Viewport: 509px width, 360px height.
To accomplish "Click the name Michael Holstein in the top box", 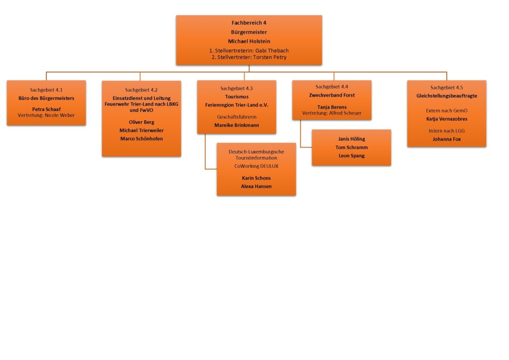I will tap(249, 41).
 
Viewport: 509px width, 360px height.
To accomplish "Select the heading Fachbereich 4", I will tap(249, 23).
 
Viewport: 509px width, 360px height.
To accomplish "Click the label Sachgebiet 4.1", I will tap(46, 90).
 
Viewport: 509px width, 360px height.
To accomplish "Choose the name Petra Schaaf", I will tap(46, 109).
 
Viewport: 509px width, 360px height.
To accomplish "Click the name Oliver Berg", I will tap(141, 122).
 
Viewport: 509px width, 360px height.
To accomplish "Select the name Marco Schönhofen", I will tap(141, 138).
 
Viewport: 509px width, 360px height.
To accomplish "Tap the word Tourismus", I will tap(236, 97).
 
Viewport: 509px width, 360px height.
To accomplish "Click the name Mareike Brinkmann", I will tap(236, 125).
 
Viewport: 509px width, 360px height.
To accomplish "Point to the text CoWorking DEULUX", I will tap(256, 165).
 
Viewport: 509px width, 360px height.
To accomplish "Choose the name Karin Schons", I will tap(256, 178).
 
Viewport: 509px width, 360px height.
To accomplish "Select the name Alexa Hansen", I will tap(256, 186).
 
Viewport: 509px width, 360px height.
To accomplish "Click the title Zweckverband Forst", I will tap(332, 95).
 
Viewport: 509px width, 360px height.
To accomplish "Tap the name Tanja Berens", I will tap(332, 107).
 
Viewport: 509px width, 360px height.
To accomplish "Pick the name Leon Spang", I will tap(352, 156).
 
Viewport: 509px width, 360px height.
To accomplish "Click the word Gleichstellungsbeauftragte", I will tap(446, 96).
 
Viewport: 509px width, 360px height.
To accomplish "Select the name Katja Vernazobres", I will tap(446, 119).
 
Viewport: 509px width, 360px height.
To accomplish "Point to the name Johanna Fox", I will tap(446, 139).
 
